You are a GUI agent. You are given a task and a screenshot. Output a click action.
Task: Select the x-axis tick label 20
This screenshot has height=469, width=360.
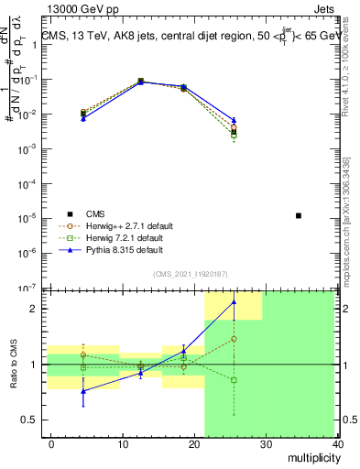[194, 443]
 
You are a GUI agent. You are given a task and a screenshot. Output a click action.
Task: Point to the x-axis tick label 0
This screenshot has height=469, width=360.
[51, 443]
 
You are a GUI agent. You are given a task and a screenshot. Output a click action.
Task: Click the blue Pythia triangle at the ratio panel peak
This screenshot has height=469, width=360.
[234, 301]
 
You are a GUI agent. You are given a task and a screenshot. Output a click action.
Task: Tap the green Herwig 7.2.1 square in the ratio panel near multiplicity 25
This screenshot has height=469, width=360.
[234, 379]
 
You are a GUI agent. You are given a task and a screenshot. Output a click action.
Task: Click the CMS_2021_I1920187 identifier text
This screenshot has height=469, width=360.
[190, 274]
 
